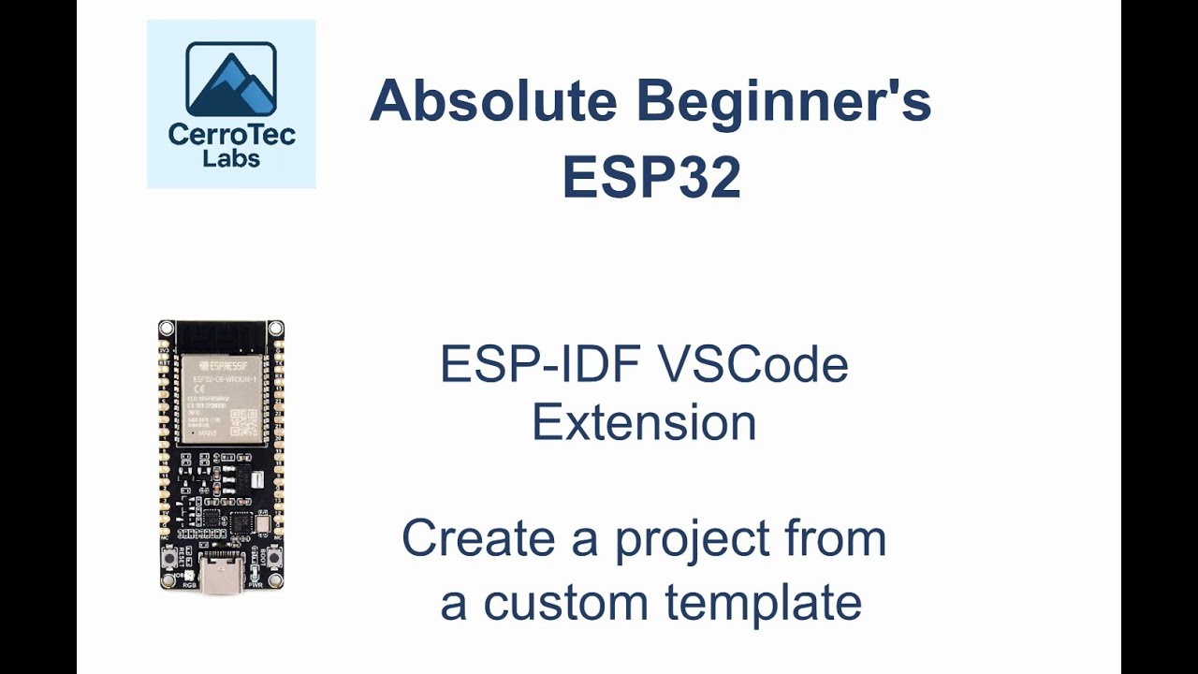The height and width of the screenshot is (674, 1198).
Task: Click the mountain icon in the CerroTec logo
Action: [230, 80]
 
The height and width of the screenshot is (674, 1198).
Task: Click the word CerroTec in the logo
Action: [231, 135]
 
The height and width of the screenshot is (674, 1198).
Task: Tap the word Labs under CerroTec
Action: [231, 158]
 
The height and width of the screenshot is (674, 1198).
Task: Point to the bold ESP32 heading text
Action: [651, 177]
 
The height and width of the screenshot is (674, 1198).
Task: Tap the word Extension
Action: [644, 423]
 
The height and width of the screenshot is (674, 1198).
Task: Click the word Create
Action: [478, 539]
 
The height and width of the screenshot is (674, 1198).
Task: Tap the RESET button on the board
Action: [171, 560]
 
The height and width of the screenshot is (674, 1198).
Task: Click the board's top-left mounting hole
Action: [167, 329]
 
